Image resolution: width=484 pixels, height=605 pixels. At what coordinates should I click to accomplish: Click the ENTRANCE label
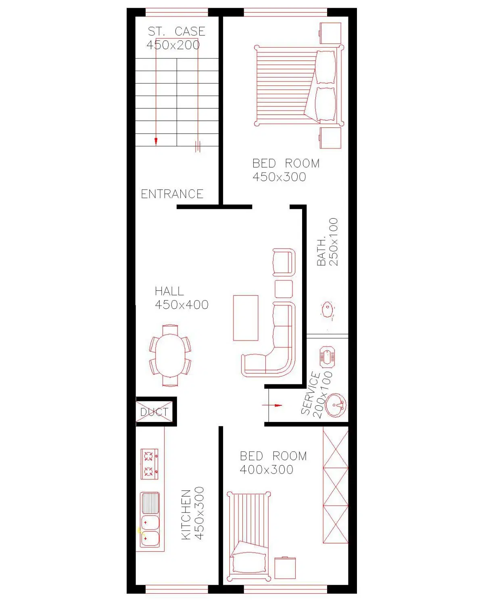pyautogui.click(x=172, y=194)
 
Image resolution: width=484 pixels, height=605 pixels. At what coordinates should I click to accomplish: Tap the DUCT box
pyautogui.click(x=156, y=411)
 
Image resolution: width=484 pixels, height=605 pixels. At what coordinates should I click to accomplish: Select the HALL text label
pyautogui.click(x=169, y=291)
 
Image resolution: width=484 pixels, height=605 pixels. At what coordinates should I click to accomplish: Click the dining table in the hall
pyautogui.click(x=170, y=355)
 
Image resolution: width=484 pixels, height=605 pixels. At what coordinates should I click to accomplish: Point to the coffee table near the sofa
pyautogui.click(x=246, y=318)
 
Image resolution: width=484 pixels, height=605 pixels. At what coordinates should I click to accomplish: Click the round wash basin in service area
pyautogui.click(x=335, y=405)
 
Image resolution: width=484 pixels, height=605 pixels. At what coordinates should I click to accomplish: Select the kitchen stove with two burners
pyautogui.click(x=149, y=464)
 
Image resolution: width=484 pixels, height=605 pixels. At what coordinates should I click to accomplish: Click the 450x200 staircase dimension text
pyautogui.click(x=173, y=45)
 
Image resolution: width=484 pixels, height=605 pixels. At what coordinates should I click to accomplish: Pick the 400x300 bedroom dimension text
pyautogui.click(x=266, y=469)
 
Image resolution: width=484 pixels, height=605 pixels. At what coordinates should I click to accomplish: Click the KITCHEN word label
pyautogui.click(x=186, y=514)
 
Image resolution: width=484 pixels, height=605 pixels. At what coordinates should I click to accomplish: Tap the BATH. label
pyautogui.click(x=321, y=252)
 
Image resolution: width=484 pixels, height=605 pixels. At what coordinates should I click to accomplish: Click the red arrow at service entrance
pyautogui.click(x=272, y=405)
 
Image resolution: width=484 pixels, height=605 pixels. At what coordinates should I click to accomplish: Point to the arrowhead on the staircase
pyautogui.click(x=156, y=142)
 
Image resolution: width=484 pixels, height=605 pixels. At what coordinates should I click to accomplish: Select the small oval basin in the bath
pyautogui.click(x=328, y=309)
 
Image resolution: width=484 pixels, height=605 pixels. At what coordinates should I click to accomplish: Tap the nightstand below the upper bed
pyautogui.click(x=330, y=138)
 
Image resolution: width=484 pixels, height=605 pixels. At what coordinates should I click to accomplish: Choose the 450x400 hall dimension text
pyautogui.click(x=181, y=305)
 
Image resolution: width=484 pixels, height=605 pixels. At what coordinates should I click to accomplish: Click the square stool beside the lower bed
pyautogui.click(x=285, y=567)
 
